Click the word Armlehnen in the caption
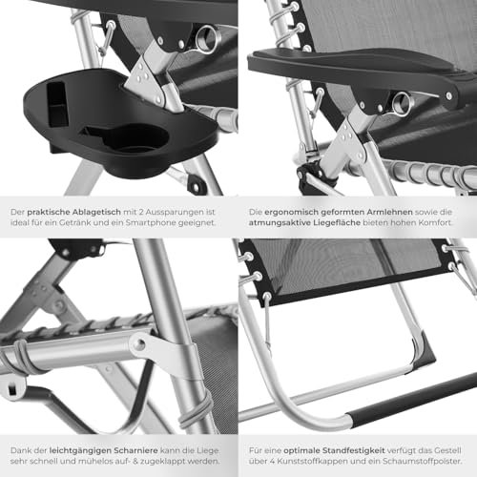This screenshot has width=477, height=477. point(389,212)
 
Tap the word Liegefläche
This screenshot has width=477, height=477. point(336,222)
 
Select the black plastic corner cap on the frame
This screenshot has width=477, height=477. point(425,351)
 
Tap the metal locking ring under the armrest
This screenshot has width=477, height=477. point(403,103)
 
